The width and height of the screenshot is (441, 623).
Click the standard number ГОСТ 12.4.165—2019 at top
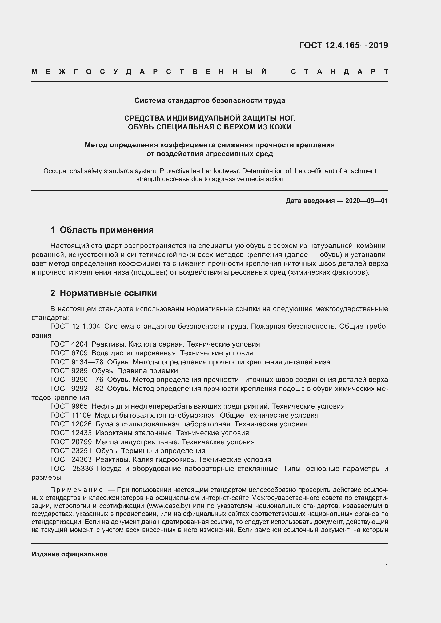[x=343, y=45]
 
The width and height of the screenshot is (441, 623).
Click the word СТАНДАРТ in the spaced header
[x=339, y=72]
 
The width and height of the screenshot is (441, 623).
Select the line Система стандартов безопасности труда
[x=210, y=101]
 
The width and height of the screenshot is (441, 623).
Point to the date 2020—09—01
[x=366, y=201]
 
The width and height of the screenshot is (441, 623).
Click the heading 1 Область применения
[x=102, y=230]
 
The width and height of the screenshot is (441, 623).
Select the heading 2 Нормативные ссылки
[x=103, y=293]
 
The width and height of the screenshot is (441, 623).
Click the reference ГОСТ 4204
[x=69, y=344]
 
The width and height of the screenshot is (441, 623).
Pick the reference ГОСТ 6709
[x=69, y=353]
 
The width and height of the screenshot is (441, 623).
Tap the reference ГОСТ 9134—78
[x=77, y=362]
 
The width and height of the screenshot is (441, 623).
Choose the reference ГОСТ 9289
[x=69, y=371]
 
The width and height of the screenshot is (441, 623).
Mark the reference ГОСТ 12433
[x=71, y=433]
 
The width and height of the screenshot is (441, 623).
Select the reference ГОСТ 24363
[x=71, y=459]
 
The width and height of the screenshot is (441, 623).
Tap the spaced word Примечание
[x=77, y=490]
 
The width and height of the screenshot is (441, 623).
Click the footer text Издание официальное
[x=69, y=554]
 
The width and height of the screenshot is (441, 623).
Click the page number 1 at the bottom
[x=386, y=566]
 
